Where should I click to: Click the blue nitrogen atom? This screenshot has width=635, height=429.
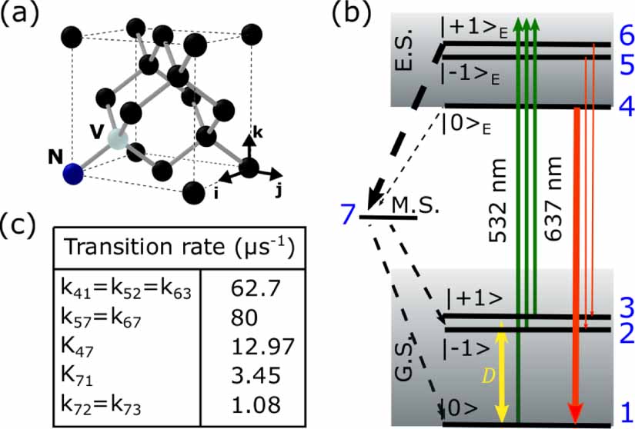tap(73, 175)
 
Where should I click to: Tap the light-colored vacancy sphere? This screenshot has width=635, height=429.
tap(116, 139)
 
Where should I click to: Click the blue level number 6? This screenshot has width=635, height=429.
tap(624, 35)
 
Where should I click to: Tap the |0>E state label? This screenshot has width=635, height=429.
tap(463, 121)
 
